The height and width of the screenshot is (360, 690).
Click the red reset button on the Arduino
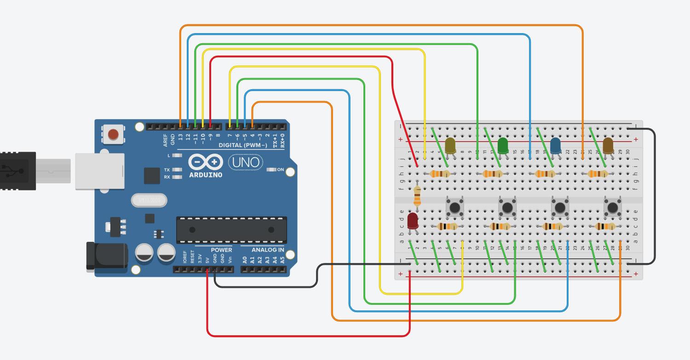112,135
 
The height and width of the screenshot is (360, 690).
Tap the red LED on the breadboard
413,220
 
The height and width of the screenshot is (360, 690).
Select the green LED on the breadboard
503,146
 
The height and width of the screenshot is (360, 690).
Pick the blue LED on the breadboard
555,146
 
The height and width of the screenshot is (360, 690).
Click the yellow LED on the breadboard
450,146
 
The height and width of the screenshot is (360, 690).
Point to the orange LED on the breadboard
608,146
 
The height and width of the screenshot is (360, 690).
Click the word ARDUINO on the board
206,175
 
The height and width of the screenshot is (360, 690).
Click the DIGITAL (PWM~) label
243,145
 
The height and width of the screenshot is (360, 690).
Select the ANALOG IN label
268,250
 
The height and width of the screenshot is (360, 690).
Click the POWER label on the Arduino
221,250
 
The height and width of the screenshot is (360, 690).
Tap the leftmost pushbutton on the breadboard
454,207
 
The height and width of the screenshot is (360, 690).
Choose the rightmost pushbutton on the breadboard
612,207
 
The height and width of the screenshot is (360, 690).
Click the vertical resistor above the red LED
417,196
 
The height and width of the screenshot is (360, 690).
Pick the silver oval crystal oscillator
149,200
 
